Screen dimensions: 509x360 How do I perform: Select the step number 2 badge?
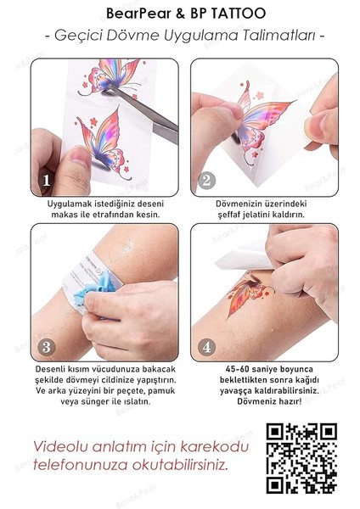pos(205,181)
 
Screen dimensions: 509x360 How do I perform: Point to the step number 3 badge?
pos(47,347)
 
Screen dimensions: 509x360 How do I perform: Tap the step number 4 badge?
pos(205,347)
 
